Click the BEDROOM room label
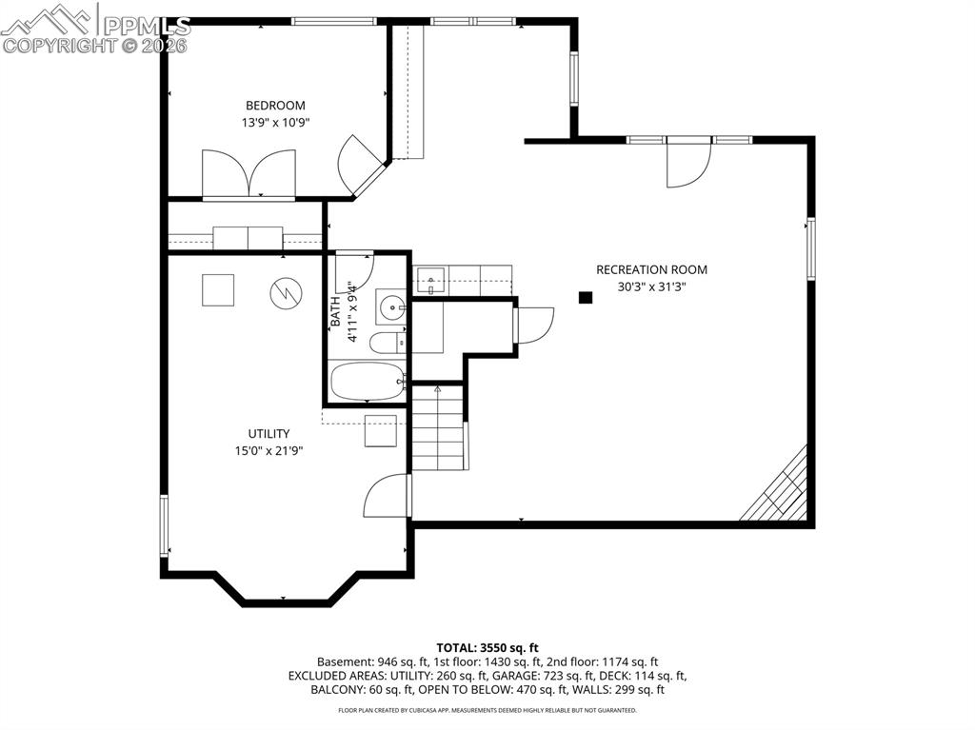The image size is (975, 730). [x=275, y=106]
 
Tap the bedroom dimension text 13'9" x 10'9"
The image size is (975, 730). [x=275, y=123]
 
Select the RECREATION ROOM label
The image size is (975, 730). [x=651, y=269]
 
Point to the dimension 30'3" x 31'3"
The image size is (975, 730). [x=651, y=286]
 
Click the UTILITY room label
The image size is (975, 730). [x=269, y=434]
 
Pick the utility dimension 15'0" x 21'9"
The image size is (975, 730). [x=269, y=451]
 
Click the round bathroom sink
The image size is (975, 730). [x=390, y=306]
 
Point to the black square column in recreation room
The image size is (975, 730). [x=586, y=298]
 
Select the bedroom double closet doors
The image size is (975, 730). [x=249, y=175]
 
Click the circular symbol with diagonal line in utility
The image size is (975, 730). [x=284, y=292]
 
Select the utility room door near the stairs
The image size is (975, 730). [x=388, y=495]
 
